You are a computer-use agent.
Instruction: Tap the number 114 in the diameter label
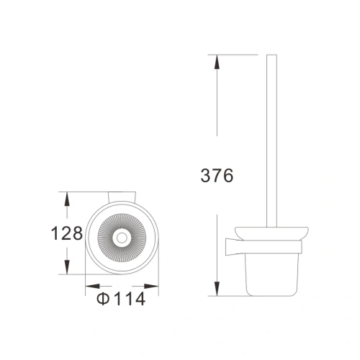[x=130, y=298]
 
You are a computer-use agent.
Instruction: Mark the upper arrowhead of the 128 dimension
[x=67, y=197]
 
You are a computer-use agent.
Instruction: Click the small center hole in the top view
[x=120, y=237]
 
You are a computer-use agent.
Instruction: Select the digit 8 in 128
[x=77, y=233]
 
